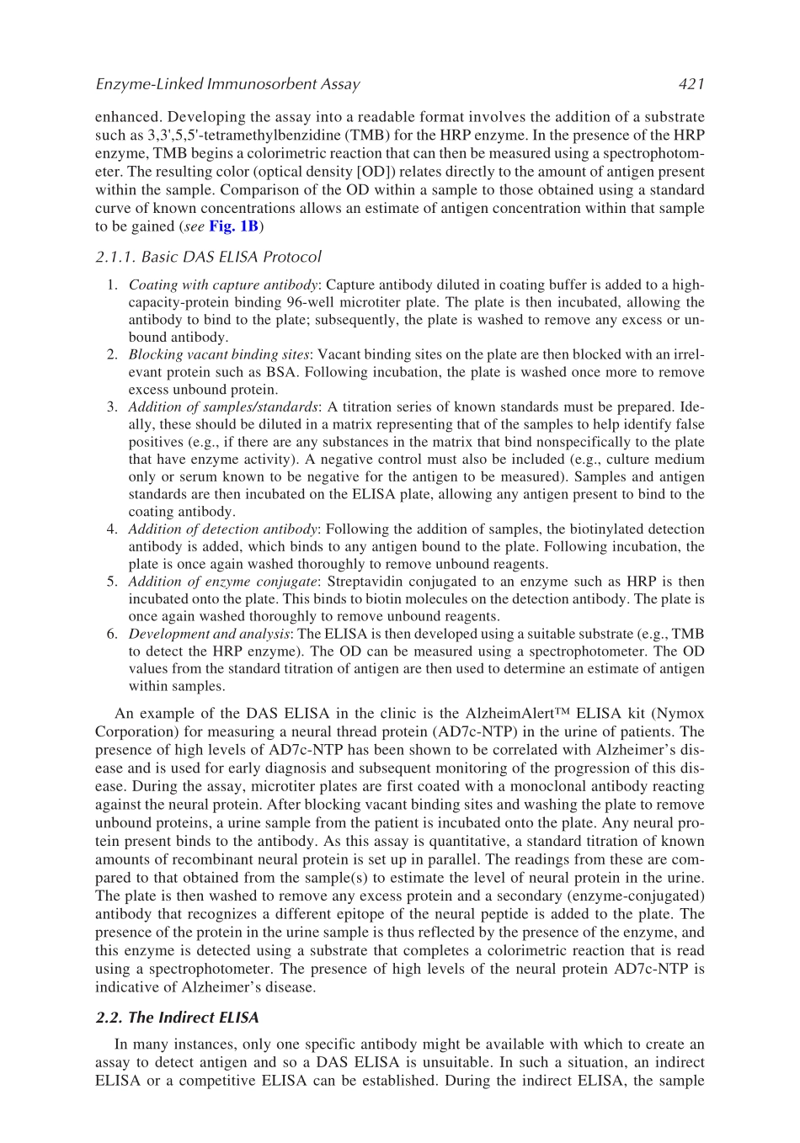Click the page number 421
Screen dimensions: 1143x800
[x=691, y=84]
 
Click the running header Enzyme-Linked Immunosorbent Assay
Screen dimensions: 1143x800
[x=227, y=84]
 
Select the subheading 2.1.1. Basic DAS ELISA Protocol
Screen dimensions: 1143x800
[x=208, y=257]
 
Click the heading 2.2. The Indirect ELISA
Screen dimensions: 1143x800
[x=177, y=1018]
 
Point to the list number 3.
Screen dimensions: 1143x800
[x=111, y=407]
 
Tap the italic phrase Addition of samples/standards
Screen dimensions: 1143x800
[x=223, y=407]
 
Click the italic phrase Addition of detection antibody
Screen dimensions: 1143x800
[x=222, y=529]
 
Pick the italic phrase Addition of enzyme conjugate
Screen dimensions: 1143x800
[x=222, y=582]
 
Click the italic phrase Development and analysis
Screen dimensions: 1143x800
[x=209, y=634]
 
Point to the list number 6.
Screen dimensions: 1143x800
[x=111, y=634]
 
